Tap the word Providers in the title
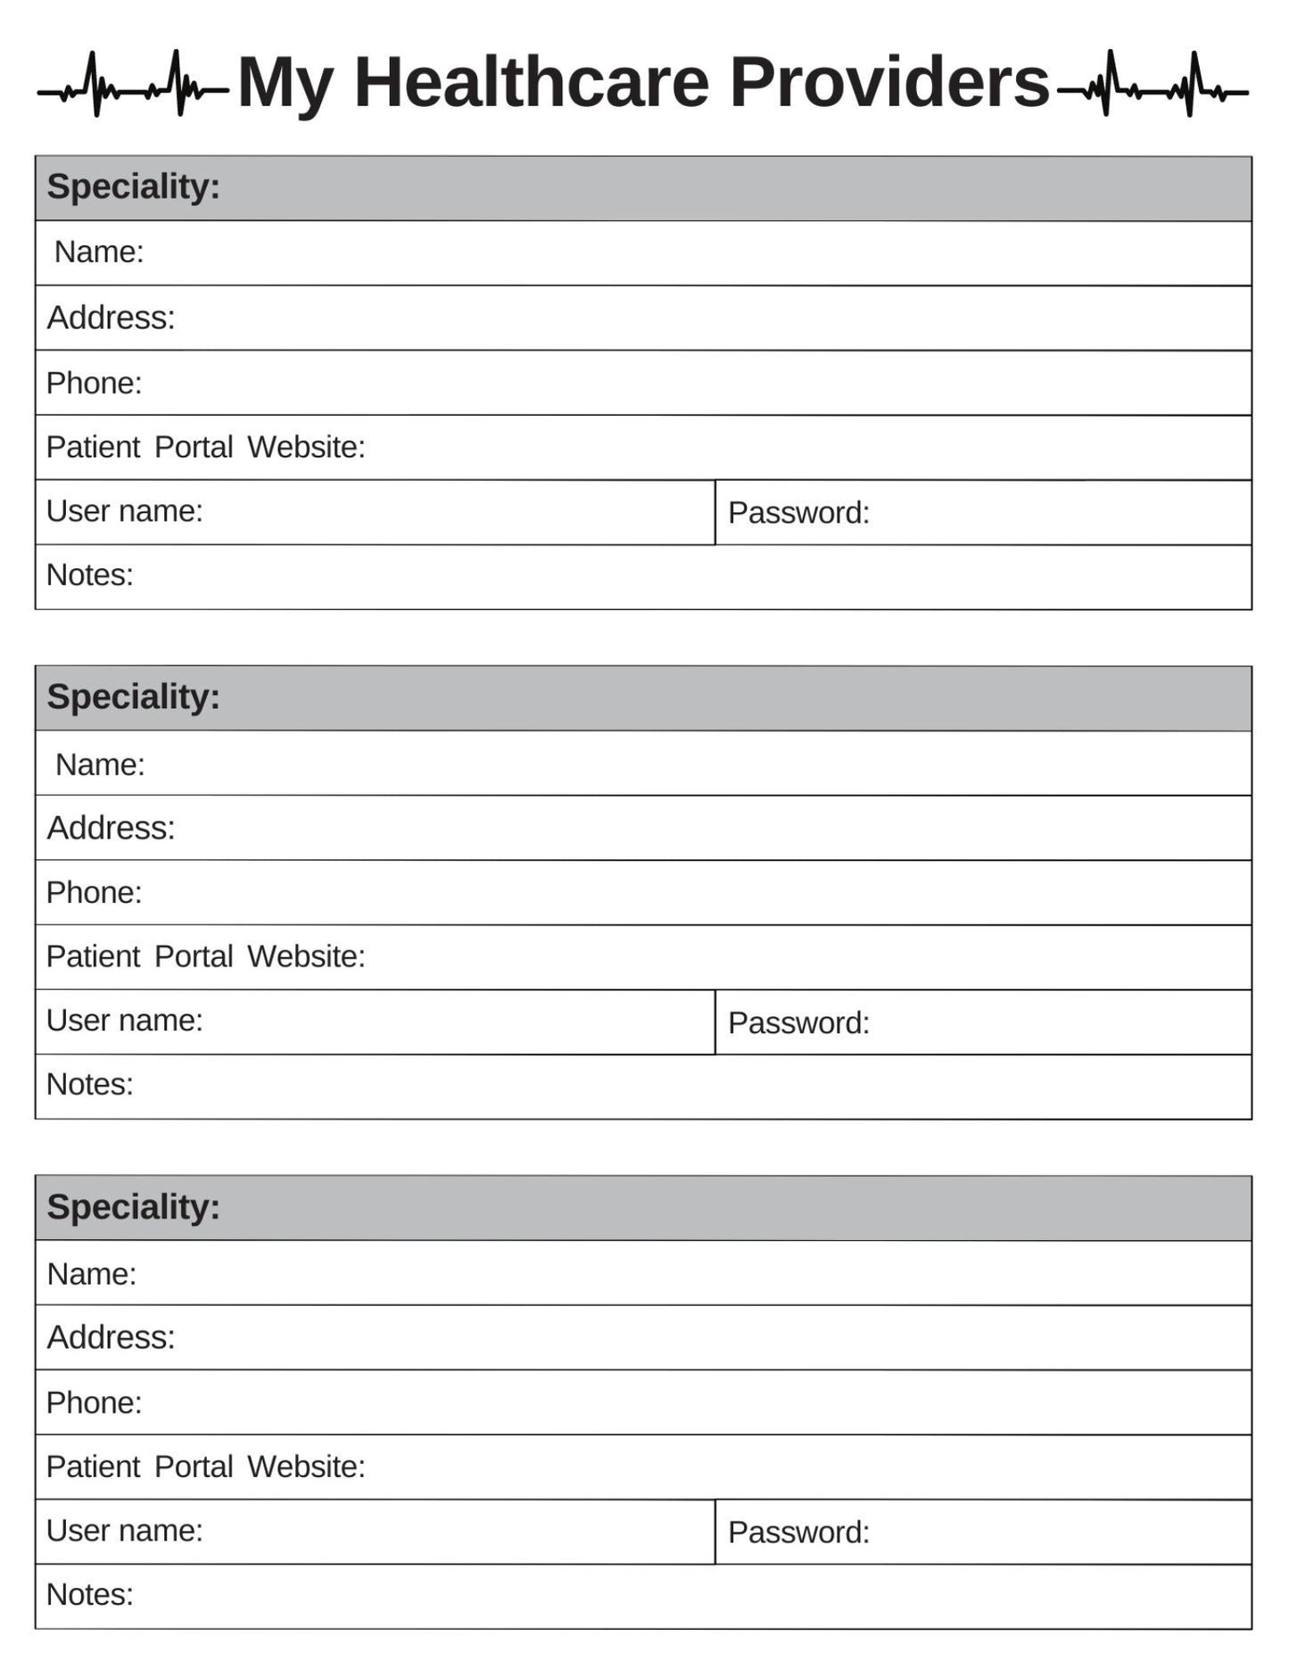tap(889, 83)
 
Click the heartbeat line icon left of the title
tap(133, 85)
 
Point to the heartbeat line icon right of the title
tap(1152, 85)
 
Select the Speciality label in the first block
tap(133, 187)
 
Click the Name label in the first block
tap(98, 252)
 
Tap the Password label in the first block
tap(798, 513)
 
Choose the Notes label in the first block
tap(89, 575)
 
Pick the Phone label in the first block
tap(94, 384)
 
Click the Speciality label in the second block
tap(133, 698)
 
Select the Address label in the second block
tap(111, 829)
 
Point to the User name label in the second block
tap(124, 1020)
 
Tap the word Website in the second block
tap(306, 956)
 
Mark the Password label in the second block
tap(798, 1023)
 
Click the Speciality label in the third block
tap(133, 1208)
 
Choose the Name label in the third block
tap(91, 1274)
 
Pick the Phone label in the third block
tap(94, 1403)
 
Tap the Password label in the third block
tap(798, 1533)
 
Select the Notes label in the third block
tap(89, 1595)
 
